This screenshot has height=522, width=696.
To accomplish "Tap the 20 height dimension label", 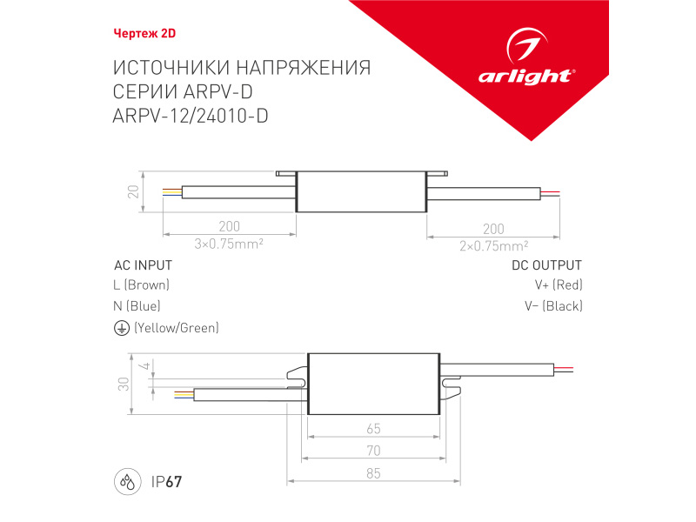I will pos(133,191).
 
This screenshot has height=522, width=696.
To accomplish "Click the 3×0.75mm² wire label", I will pos(230,244).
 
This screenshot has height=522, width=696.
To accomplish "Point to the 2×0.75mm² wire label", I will pos(493,245).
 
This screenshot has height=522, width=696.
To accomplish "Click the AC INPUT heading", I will pos(143,265).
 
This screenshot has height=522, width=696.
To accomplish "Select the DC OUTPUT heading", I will pos(546,265).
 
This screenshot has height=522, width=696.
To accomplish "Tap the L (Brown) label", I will pos(142,285).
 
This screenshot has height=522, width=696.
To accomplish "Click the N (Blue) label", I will pos(137,306).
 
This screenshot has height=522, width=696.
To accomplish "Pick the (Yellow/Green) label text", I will pos(176,328).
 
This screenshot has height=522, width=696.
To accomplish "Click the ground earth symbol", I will pos(121,328).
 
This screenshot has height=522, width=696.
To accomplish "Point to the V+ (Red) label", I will pos(559,285).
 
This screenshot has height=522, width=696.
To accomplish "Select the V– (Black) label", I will pos(553,306).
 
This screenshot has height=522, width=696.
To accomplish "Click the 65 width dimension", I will pos(373,429).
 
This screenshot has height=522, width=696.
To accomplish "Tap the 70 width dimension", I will pos(373,450).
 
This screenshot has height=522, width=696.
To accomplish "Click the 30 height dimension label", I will pos(124,383).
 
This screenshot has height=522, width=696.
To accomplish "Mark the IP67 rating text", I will pos(166,481).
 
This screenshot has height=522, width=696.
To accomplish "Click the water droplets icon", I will pos(128,481).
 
